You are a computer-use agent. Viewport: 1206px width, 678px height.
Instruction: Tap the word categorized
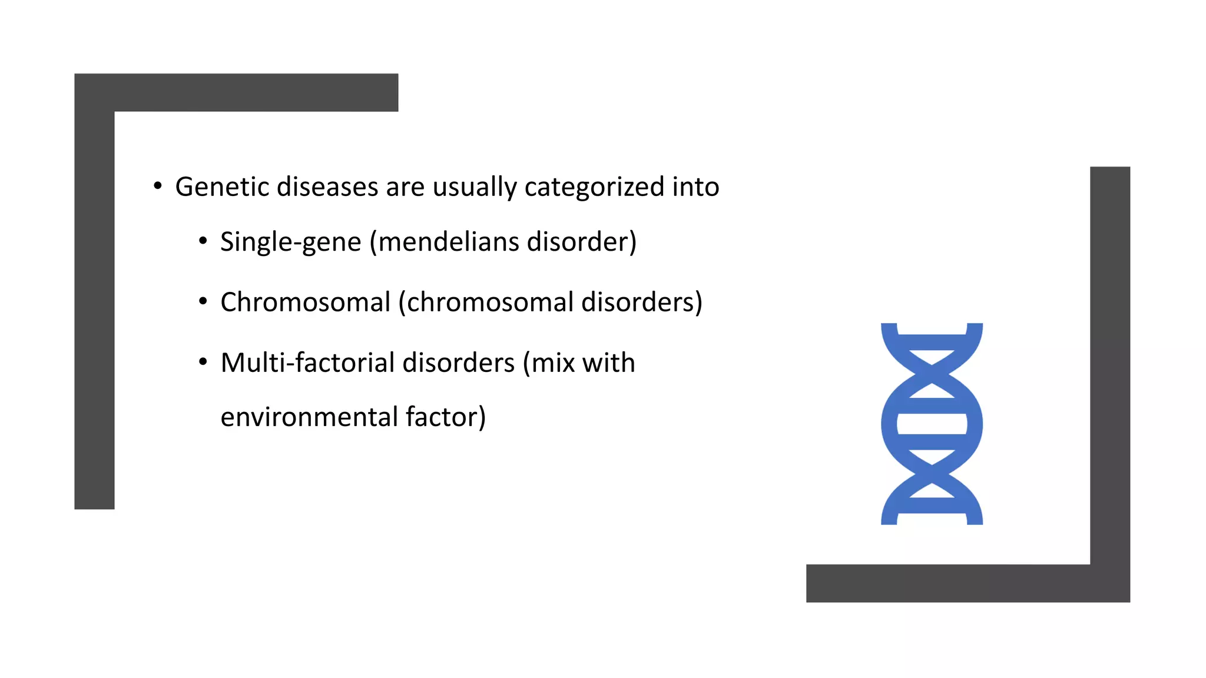(594, 187)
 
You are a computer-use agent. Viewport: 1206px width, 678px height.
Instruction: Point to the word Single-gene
(290, 242)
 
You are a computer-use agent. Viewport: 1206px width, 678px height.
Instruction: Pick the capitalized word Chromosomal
(305, 303)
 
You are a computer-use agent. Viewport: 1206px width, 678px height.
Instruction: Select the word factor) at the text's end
(446, 417)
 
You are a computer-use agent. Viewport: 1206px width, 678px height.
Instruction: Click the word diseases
(327, 187)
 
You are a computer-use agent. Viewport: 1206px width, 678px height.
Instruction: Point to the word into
(695, 187)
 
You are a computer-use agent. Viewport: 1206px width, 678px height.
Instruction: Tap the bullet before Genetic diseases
(157, 187)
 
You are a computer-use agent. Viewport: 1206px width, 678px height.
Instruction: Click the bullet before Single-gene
(203, 241)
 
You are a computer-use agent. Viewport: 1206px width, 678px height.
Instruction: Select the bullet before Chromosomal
(203, 302)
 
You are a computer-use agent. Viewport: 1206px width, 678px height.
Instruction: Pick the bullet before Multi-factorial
(203, 362)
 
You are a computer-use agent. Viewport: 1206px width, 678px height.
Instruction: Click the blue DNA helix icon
(932, 424)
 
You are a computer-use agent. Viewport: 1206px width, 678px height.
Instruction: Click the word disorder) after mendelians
(582, 242)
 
